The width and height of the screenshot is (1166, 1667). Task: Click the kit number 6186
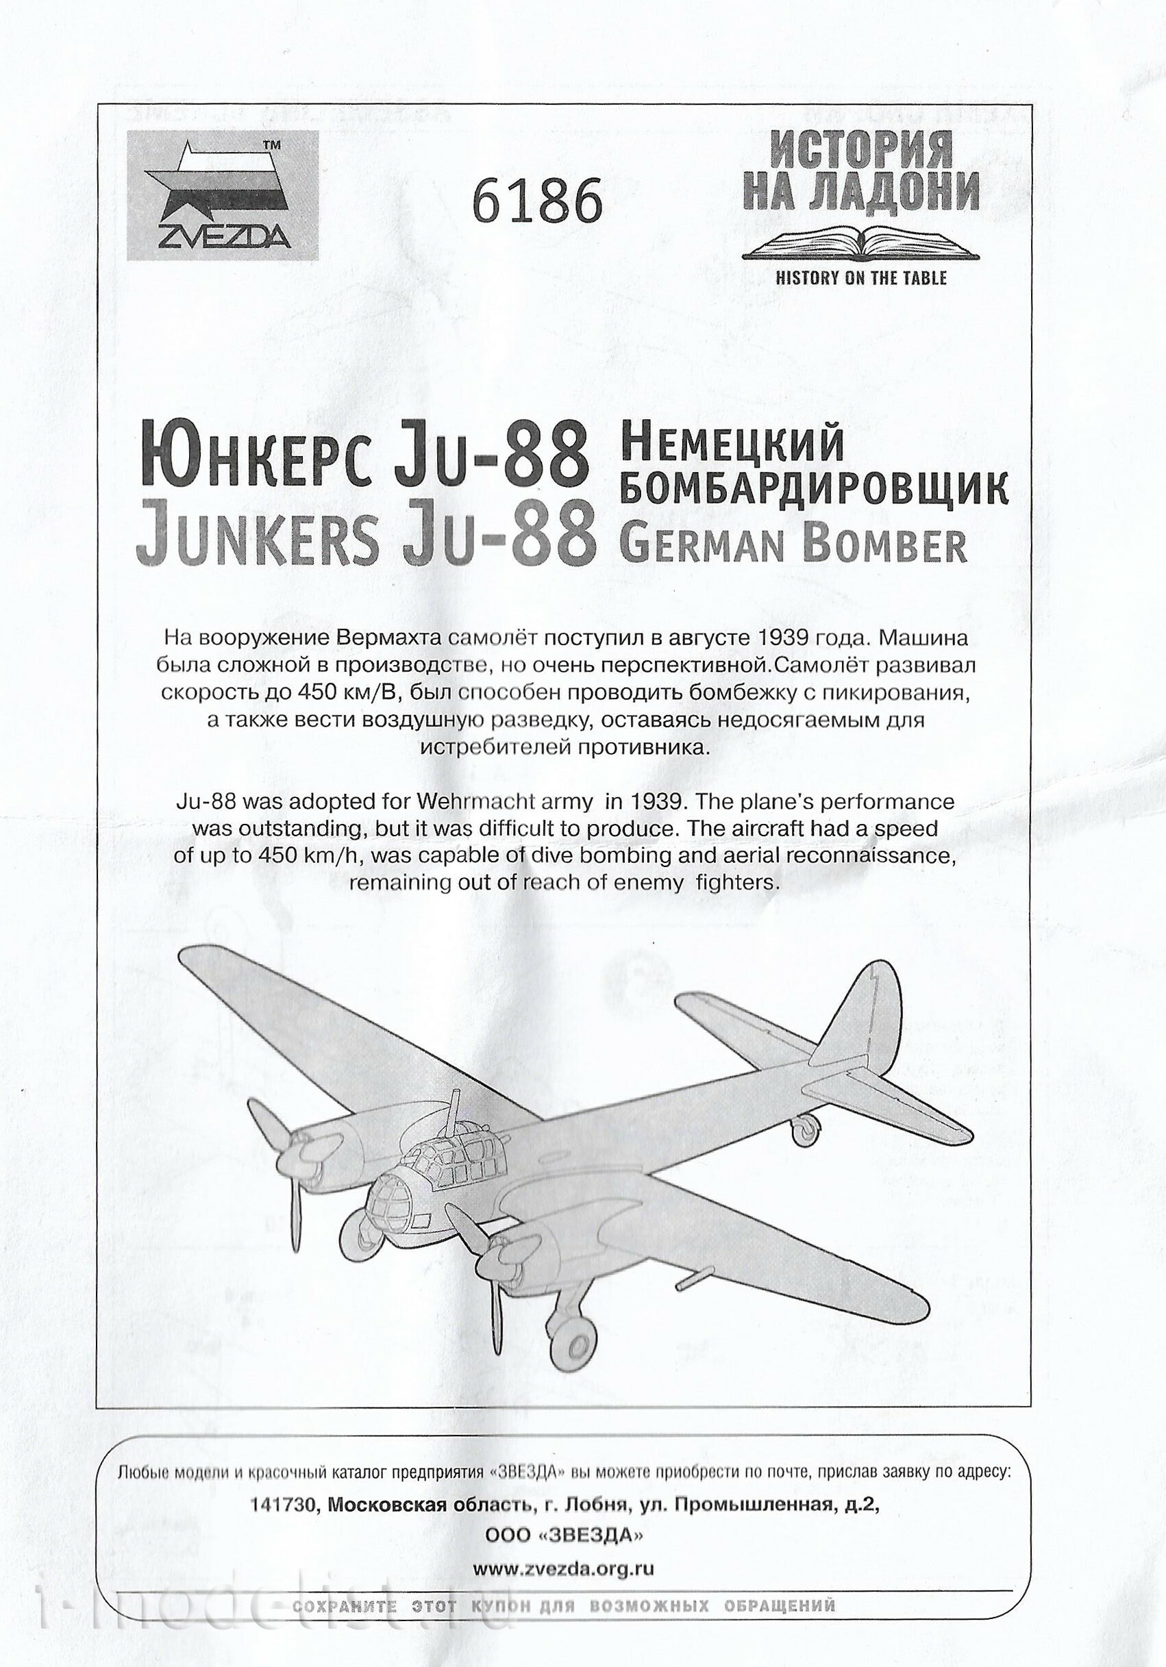pyautogui.click(x=537, y=201)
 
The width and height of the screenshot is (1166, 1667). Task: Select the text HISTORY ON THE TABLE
pyautogui.click(x=861, y=277)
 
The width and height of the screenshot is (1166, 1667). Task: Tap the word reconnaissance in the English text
pyautogui.click(x=871, y=855)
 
